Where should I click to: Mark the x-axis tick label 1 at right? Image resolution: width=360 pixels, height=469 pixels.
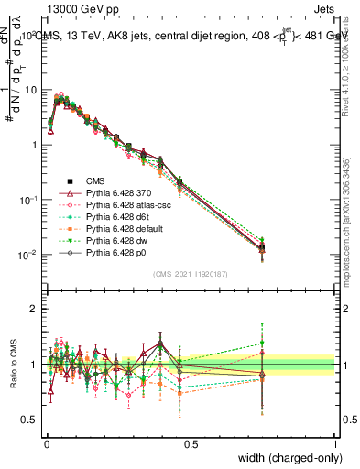(335, 444)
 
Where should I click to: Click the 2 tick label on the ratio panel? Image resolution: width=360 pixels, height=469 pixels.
(36, 309)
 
